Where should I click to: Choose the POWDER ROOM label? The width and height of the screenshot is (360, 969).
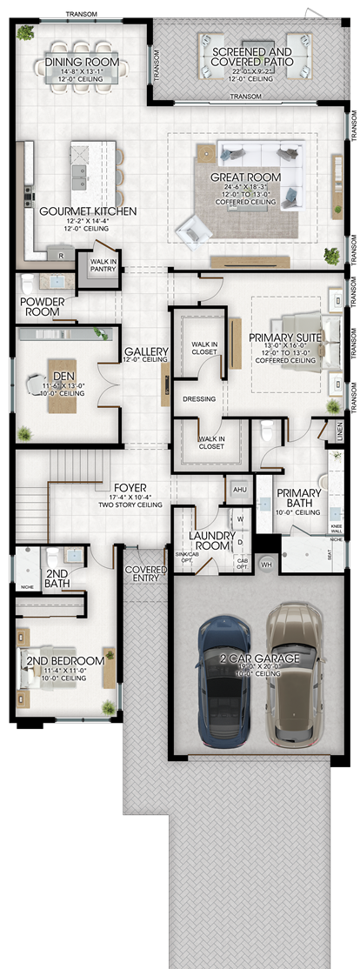pos(41,307)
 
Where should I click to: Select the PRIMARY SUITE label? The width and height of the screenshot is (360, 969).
pos(285,337)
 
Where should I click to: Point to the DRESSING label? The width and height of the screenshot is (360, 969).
pos(198,399)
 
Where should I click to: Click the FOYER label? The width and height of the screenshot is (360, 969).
pos(130,488)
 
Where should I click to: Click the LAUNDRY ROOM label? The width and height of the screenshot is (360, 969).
pos(212,540)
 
